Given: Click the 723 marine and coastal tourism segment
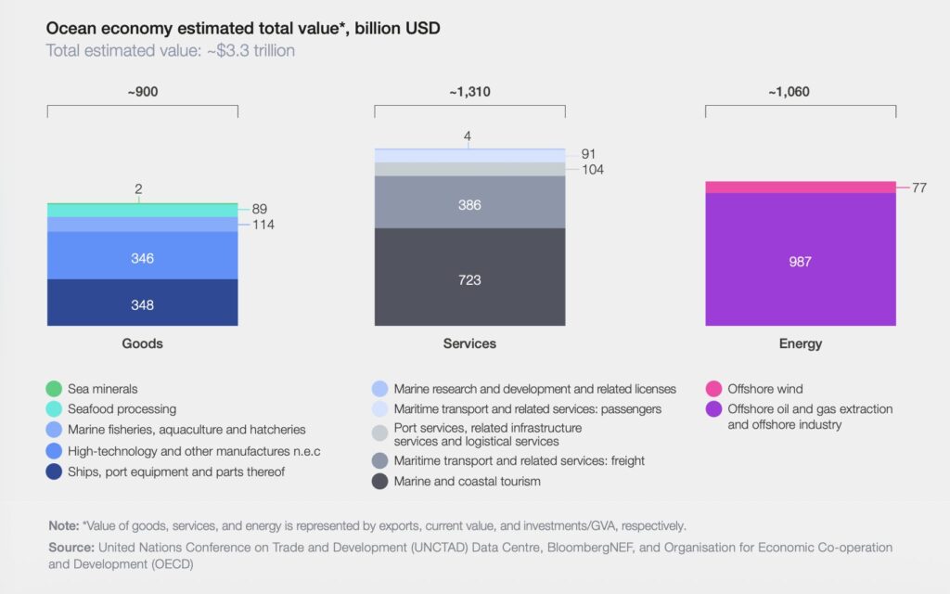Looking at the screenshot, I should click(x=469, y=278).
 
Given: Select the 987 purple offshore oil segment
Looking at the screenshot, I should click(x=800, y=262).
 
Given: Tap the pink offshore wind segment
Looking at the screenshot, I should click(x=800, y=187).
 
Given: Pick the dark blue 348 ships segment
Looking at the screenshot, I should click(x=142, y=305).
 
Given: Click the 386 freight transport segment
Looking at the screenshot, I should click(x=469, y=204).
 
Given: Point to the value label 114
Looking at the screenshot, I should click(x=263, y=225).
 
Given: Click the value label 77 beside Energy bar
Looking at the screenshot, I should click(x=919, y=187).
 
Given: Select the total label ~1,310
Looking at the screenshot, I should click(x=469, y=93).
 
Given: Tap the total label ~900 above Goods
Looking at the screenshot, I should click(x=142, y=93).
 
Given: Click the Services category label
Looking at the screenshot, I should click(x=469, y=343).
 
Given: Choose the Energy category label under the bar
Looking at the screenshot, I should click(x=800, y=343).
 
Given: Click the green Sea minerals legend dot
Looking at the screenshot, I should click(x=55, y=389).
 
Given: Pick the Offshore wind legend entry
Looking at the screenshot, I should click(x=764, y=389).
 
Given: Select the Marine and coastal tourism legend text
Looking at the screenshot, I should click(x=467, y=481).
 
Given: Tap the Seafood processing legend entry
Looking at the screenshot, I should click(x=121, y=408).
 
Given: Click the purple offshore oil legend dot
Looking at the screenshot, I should click(x=713, y=409).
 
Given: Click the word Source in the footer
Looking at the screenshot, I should click(x=71, y=548).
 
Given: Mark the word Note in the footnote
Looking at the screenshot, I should click(x=63, y=525).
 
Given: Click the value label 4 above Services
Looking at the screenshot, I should click(x=468, y=136).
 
